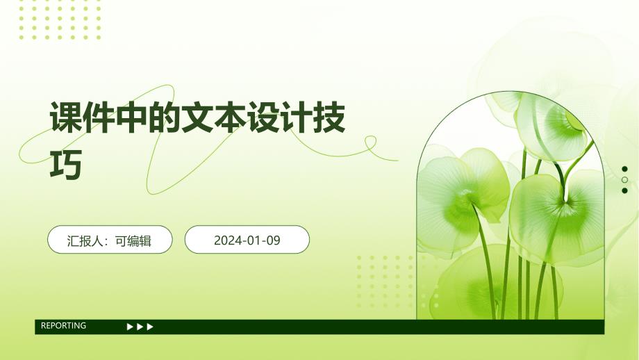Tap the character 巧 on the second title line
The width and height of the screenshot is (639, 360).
pos(66,164)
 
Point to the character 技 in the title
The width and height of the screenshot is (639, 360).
pos(329,117)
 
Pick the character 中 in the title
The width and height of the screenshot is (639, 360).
pos(132,117)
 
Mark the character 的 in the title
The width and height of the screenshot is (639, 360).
pos(165,117)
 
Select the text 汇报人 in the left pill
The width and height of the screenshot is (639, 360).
pos(85,240)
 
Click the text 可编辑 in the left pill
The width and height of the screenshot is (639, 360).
pos(133,240)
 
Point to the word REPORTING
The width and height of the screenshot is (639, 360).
pos(64,325)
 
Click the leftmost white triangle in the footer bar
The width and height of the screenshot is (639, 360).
pos(130,327)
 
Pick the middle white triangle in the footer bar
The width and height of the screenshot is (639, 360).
pos(140,327)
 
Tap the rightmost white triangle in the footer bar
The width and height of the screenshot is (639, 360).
pos(150,327)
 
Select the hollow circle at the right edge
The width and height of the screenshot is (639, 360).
pos(624,180)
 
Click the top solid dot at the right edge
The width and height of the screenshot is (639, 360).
pos(624,169)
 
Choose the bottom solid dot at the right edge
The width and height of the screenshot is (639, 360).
pos(624,190)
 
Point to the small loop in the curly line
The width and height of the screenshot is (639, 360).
pos(370,142)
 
